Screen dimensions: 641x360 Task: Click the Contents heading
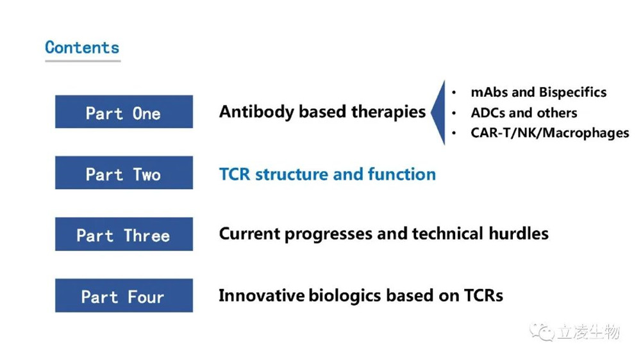82,47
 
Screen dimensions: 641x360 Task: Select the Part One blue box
124,111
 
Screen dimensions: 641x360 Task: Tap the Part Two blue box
124,172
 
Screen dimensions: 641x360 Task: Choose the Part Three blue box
124,234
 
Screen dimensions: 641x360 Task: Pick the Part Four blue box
124,295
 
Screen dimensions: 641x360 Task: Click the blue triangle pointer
438,112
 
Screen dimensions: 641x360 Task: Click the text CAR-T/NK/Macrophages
550,133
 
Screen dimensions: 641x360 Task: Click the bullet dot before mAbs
454,93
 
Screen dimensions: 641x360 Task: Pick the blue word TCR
234,174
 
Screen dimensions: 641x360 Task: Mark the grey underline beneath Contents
83,61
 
